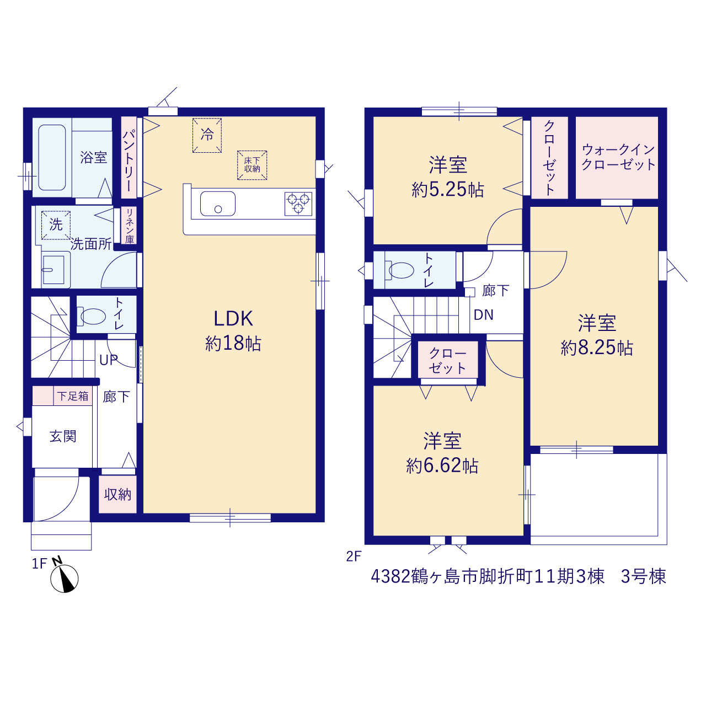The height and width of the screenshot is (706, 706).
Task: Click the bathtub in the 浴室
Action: pos(52,158)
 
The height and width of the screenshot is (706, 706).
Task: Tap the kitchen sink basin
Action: pos(218,204)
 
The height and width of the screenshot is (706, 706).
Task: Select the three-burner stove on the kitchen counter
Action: pos(298,204)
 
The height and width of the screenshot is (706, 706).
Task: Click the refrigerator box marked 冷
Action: pos(207,135)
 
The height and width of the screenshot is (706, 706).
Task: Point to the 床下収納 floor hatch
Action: pos(252,165)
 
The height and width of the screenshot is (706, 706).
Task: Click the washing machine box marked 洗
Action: pos(56,225)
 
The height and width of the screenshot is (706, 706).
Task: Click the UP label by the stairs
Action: pos(109,360)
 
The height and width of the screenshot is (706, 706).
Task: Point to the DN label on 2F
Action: pos(483,315)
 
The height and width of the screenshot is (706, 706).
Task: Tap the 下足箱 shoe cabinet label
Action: pos(73,396)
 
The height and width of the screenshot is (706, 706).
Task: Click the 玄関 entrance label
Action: pos(63,436)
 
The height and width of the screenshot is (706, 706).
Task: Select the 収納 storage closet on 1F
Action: pos(117,494)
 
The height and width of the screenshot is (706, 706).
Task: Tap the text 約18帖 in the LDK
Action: pos(233,344)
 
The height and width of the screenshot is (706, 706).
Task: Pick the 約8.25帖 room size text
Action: pos(597,347)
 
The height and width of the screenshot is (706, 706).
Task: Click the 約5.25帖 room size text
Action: pos(448,189)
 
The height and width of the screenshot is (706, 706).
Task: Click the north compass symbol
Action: pos(64,578)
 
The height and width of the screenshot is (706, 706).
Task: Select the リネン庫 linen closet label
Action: pos(129,226)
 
